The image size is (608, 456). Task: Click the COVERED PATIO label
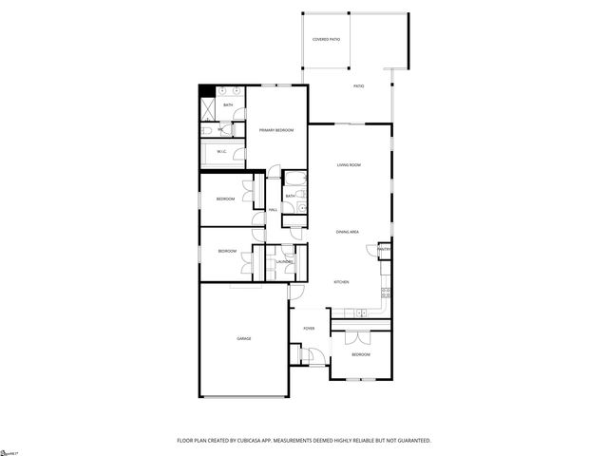click(326, 39)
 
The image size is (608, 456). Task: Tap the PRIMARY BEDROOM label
click(276, 129)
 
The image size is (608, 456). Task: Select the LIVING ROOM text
click(349, 165)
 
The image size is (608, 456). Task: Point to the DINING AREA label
click(347, 232)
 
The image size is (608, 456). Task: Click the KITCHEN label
click(341, 282)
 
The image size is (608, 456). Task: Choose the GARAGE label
click(244, 338)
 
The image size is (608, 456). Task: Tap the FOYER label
click(309, 328)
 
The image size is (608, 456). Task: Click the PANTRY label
click(384, 250)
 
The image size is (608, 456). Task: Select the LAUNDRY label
click(284, 262)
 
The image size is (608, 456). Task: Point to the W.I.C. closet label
click(221, 151)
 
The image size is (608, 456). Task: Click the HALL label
click(273, 210)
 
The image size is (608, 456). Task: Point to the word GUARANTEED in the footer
click(411, 441)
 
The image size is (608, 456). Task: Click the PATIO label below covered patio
click(359, 86)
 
